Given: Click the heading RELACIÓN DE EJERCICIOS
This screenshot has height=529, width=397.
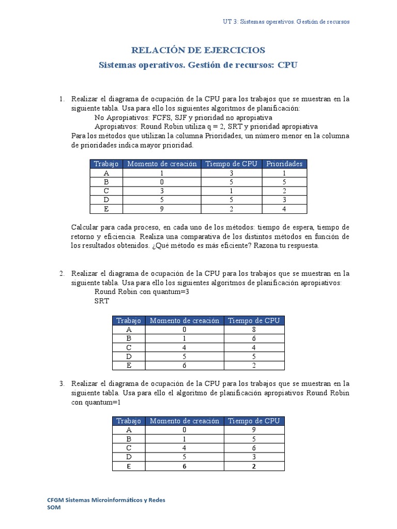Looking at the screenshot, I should pyautogui.click(x=198, y=50).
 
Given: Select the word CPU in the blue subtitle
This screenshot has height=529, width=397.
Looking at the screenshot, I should pyautogui.click(x=288, y=65).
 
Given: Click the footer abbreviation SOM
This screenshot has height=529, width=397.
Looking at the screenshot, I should pyautogui.click(x=54, y=508).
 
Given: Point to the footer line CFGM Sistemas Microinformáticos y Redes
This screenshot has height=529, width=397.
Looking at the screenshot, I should pyautogui.click(x=106, y=500).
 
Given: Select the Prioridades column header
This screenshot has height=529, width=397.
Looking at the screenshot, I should pyautogui.click(x=284, y=164).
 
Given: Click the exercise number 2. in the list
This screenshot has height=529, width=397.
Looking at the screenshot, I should pyautogui.click(x=62, y=273).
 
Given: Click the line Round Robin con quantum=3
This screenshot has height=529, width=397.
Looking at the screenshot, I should pyautogui.click(x=136, y=292).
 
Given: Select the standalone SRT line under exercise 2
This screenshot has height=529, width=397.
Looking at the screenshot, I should pyautogui.click(x=101, y=301).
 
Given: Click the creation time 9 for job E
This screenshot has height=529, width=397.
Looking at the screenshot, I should pyautogui.click(x=162, y=209).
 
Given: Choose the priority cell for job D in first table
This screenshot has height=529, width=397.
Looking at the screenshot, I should pyautogui.click(x=284, y=200).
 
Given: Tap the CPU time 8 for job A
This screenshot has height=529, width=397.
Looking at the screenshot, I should pyautogui.click(x=254, y=329).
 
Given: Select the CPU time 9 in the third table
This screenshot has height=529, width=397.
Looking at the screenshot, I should pyautogui.click(x=254, y=429).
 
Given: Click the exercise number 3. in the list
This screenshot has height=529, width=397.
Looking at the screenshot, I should pyautogui.click(x=62, y=383).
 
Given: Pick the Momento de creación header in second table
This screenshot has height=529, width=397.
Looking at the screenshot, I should pyautogui.click(x=185, y=320).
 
